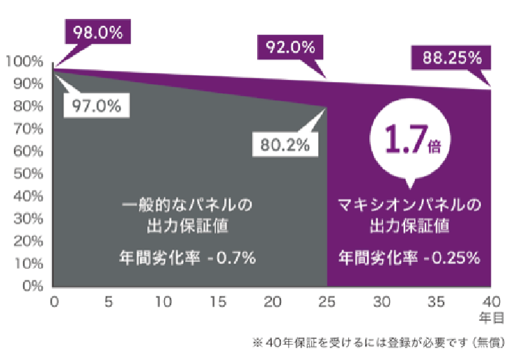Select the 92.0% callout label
click(289, 48)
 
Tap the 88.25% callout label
click(451, 58)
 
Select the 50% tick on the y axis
click(27, 174)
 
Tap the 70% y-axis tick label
click(27, 129)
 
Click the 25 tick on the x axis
click(327, 301)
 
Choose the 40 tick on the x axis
click(491, 301)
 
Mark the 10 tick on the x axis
click(163, 301)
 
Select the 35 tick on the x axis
click(436, 301)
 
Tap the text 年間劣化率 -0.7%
click(187, 257)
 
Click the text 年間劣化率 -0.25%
click(409, 257)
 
